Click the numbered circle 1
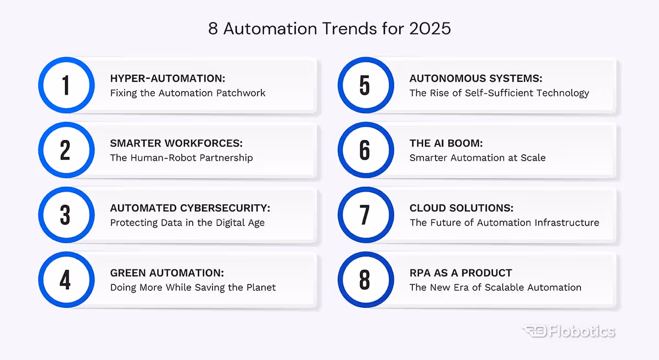coord(66,86)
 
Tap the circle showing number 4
coord(66,280)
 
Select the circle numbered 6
coord(365,150)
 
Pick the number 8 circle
coord(365,280)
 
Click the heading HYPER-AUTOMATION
coord(167,78)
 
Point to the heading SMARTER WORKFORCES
coord(176,143)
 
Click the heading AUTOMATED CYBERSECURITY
coord(190,208)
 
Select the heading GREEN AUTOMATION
coord(167,273)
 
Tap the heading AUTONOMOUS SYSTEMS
coord(476,78)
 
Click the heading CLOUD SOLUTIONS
coord(461,208)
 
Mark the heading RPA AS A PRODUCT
coord(460,273)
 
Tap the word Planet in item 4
coord(260,287)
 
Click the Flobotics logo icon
coord(533,331)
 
